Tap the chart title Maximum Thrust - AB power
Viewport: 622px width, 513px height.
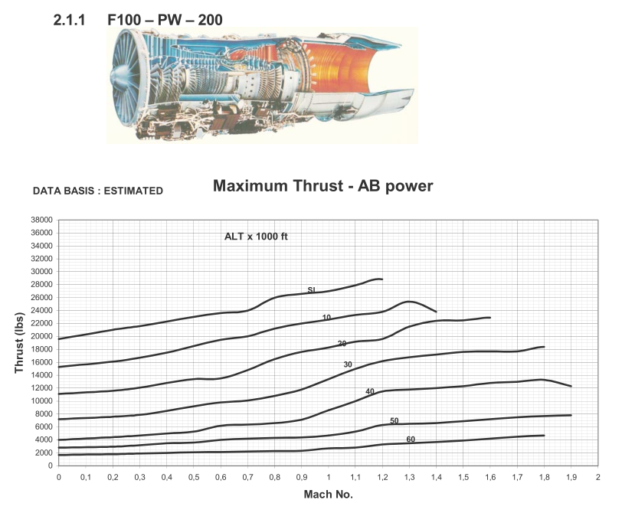point(323,186)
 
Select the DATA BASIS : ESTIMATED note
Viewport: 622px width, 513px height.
point(98,191)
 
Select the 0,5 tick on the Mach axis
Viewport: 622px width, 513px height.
point(194,476)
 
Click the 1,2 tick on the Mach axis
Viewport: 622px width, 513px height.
point(382,476)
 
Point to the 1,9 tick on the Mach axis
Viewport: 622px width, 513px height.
point(571,476)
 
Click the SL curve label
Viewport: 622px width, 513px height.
point(312,290)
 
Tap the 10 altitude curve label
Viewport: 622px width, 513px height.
point(326,317)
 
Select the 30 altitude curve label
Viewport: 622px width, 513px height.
point(348,364)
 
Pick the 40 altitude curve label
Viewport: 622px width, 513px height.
point(370,391)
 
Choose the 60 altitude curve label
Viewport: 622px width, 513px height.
point(411,439)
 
